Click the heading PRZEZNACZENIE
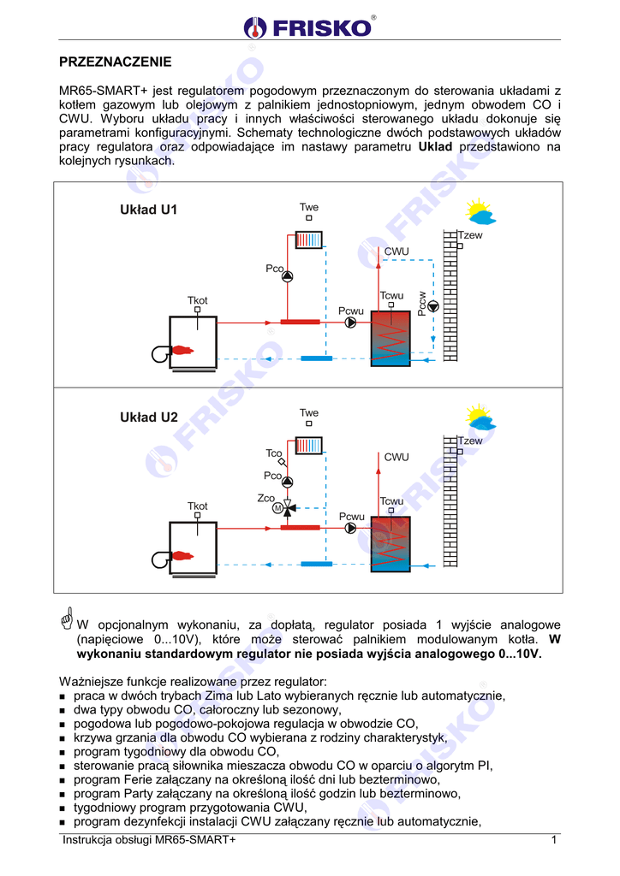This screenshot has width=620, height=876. [115, 62]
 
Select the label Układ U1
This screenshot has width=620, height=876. [148, 210]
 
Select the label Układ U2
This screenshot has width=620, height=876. [148, 417]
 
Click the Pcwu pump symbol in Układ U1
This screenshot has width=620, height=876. [351, 323]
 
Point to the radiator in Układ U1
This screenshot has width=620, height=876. [308, 240]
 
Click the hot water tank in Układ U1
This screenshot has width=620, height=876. [390, 339]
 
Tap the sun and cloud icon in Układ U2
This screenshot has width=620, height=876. [480, 417]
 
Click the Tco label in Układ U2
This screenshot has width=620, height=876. [273, 453]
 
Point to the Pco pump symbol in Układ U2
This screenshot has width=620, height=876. [288, 482]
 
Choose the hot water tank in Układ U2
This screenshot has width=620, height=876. [390, 544]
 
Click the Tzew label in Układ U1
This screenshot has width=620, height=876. [470, 234]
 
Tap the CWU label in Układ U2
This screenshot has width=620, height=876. [396, 458]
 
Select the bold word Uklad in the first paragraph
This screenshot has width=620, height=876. [435, 146]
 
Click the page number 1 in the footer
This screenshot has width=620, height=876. [554, 840]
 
